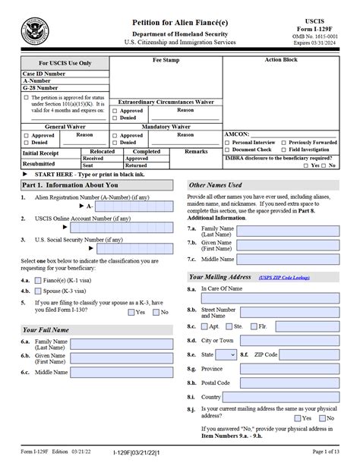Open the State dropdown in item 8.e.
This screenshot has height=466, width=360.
pos(226,354)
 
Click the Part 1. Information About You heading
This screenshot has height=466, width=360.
pos(69,184)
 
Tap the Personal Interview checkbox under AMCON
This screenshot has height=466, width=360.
pos(229,142)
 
